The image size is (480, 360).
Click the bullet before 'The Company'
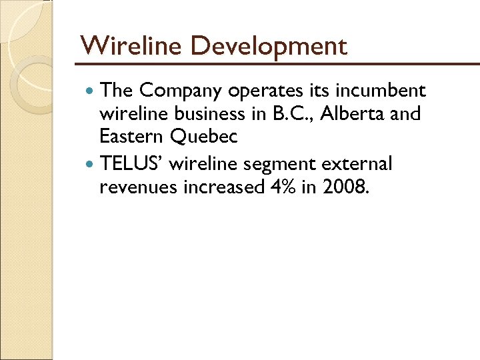pyautogui.click(x=91, y=90)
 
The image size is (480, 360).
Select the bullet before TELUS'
pyautogui.click(x=91, y=164)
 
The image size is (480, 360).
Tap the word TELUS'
pyautogui.click(x=131, y=163)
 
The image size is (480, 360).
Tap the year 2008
pyautogui.click(x=344, y=187)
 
